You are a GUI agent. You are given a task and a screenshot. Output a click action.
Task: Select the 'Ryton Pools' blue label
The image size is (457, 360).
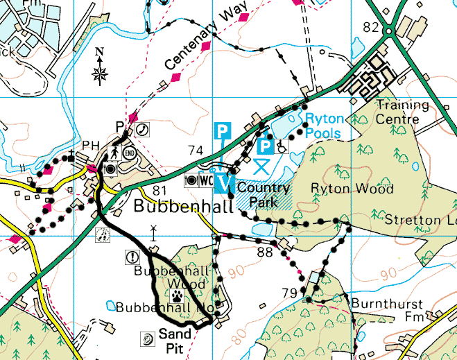click(324, 125)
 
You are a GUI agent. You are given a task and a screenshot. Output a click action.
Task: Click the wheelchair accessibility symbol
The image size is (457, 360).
click(283, 146)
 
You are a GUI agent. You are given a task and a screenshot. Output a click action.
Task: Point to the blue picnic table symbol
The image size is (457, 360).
click(261, 165)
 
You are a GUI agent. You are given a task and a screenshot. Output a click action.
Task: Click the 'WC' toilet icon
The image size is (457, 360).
click(206, 180)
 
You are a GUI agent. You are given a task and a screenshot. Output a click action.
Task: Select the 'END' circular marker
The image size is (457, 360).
click(129, 153)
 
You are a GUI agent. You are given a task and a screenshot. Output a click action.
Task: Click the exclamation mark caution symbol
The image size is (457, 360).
click(132, 257)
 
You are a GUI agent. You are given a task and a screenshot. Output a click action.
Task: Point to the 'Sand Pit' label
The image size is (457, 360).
click(171, 341)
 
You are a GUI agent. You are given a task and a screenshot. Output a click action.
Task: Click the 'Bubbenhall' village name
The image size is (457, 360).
click(173, 206)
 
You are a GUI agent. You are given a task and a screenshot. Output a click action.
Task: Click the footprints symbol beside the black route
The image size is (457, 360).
click(101, 236)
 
